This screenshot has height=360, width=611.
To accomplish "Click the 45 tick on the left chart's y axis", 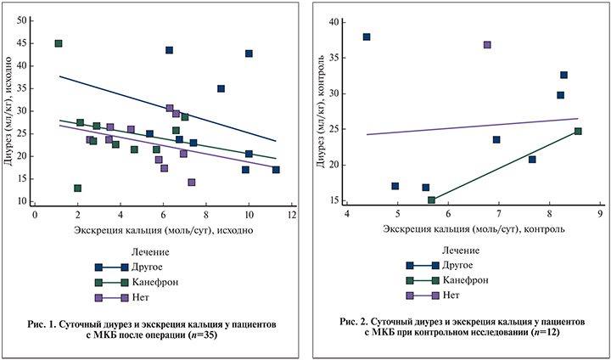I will (x=20, y=43).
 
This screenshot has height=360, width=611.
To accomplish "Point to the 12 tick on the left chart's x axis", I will (x=291, y=215).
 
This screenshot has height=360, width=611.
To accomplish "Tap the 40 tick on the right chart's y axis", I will (x=335, y=23).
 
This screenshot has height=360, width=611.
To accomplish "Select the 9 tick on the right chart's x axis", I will (x=600, y=214).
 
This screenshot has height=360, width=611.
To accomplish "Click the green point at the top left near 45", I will (x=59, y=43).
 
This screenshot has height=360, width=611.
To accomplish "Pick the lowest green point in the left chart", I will (x=78, y=188).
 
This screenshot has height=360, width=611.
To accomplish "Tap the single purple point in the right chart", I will (x=487, y=45).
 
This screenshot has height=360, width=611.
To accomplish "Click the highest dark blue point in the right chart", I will (x=367, y=37).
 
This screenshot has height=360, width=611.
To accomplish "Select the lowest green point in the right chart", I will (x=431, y=200).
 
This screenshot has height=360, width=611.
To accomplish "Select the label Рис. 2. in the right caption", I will (x=357, y=324).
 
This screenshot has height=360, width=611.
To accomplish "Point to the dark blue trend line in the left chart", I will (x=170, y=110).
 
